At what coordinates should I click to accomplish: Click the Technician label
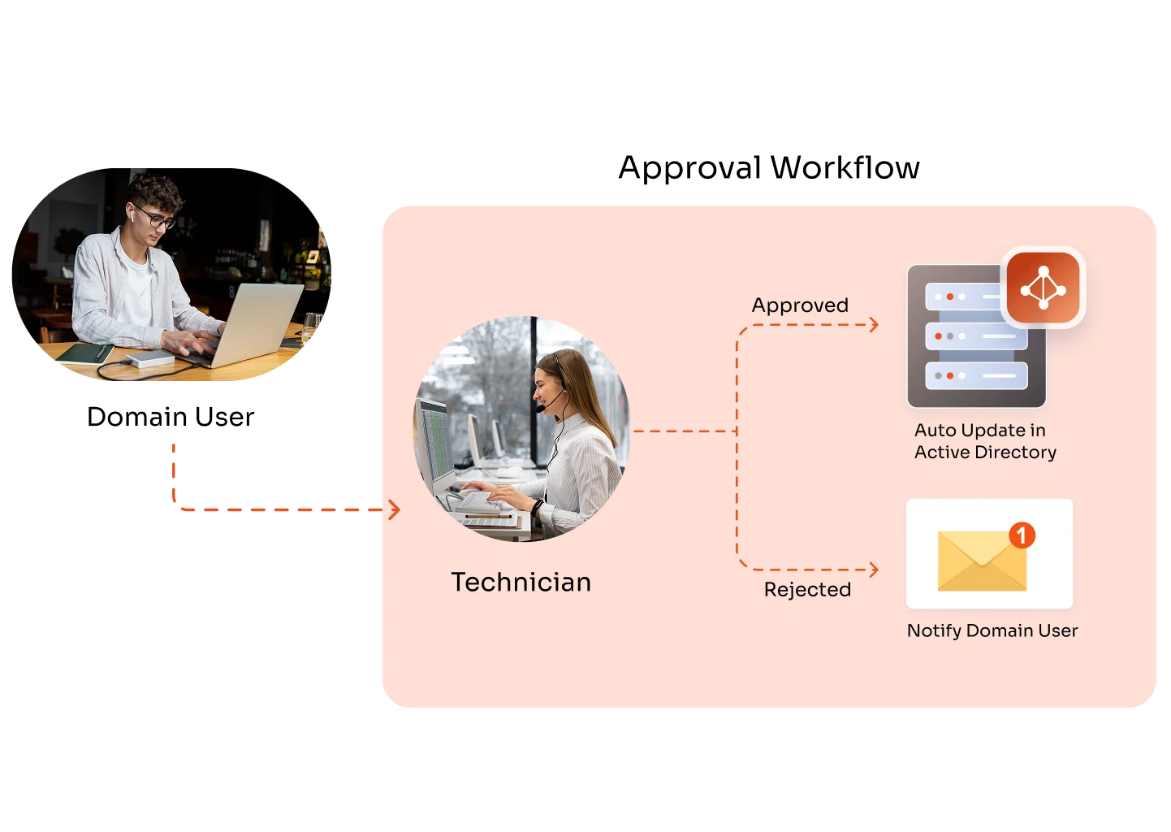pos(521,583)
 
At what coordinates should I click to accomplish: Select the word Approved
pos(800,305)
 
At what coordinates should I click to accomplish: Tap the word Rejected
pos(807,590)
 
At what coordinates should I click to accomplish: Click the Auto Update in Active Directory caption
pos(984,441)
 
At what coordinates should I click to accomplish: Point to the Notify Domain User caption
pos(992,630)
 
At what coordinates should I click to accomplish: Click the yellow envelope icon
pos(981,561)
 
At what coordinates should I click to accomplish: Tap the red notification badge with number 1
pos(1022,535)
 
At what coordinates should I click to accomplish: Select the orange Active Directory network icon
pos(1044,288)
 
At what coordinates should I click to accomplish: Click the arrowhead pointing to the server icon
pos(874,325)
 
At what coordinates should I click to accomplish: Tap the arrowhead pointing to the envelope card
pos(874,570)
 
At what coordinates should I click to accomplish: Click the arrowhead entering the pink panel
pos(395,509)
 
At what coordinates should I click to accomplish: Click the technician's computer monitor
pos(435,443)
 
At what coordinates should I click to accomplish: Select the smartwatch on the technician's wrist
pos(537,509)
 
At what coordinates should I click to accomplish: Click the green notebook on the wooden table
pos(84,353)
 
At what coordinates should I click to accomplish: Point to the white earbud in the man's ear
pos(130,216)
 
